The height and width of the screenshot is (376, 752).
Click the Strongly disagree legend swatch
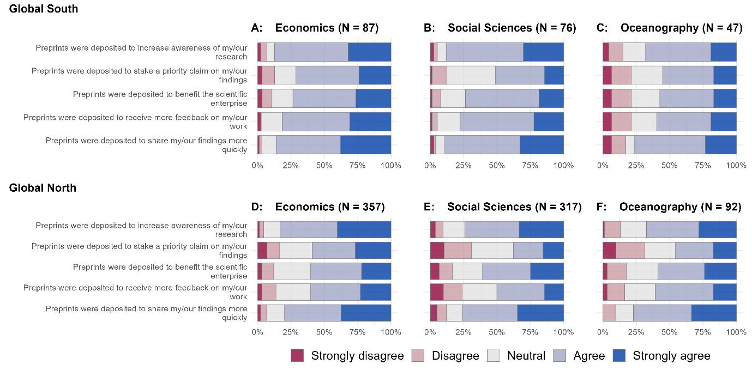click(297, 356)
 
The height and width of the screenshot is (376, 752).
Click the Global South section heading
click(44, 9)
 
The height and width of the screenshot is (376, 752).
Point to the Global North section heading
click(43, 188)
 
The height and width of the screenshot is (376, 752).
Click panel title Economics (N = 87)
click(327, 28)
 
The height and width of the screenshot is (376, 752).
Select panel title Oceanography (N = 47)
click(681, 28)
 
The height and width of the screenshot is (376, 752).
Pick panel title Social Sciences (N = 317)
click(514, 207)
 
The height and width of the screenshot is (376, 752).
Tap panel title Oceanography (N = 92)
click(680, 207)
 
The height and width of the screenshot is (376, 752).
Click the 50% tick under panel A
click(324, 165)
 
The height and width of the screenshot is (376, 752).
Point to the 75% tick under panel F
click(703, 332)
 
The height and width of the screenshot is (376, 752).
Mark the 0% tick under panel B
click(430, 165)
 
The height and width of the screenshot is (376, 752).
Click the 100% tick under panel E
click(563, 332)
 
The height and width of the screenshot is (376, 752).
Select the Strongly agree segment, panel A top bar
click(369, 52)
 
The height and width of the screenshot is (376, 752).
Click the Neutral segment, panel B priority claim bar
click(471, 75)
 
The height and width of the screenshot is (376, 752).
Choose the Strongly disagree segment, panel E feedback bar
click(437, 292)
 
